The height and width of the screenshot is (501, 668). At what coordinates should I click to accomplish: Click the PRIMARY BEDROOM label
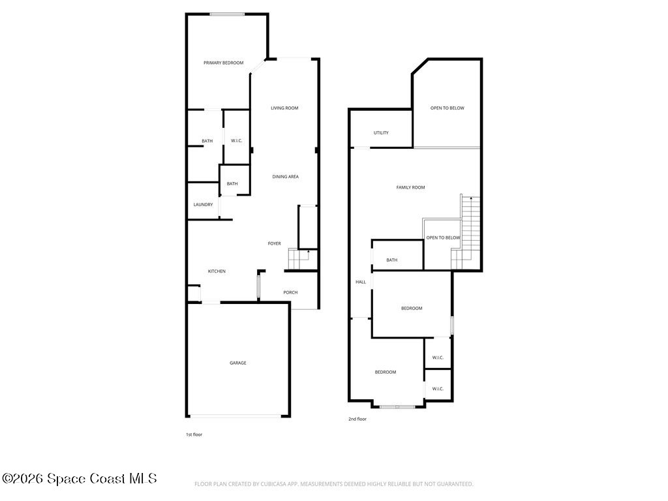coord(224,63)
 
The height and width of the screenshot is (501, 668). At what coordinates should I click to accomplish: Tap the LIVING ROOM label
coord(284,108)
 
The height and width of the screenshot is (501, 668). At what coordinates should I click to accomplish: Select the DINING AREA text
coord(286,176)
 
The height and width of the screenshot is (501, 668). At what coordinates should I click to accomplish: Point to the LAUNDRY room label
coord(204,204)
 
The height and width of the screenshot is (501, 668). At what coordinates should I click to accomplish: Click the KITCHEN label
coord(217,271)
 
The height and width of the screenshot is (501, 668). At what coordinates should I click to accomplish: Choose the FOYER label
coord(275,244)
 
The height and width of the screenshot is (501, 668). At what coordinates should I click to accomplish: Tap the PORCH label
coord(290,292)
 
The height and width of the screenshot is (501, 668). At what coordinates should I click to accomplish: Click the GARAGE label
coord(238,363)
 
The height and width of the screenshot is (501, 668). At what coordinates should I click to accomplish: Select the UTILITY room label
coord(381,133)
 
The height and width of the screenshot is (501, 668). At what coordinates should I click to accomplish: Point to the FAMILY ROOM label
coord(411,187)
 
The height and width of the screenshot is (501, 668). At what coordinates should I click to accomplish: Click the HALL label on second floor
coord(361,282)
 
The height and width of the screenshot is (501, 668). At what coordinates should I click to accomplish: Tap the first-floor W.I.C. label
coord(236,141)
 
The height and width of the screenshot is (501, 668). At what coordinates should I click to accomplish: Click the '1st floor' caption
coord(194,434)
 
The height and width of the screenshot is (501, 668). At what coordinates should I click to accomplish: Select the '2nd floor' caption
coord(357,419)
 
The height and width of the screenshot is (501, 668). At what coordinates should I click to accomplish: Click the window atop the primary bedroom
coord(227,14)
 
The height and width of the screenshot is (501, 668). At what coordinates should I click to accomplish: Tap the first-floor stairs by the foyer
coord(303,259)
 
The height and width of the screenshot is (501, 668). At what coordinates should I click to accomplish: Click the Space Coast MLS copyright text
coord(79,478)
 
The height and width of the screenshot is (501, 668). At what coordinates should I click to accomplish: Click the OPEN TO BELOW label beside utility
coord(448,108)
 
